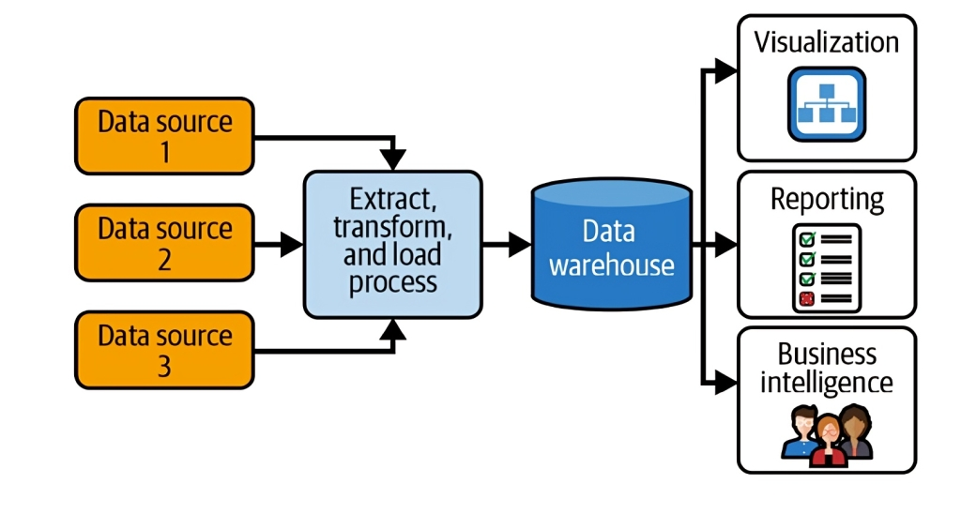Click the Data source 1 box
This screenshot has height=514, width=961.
pyautogui.click(x=164, y=136)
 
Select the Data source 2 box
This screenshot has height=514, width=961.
pyautogui.click(x=164, y=243)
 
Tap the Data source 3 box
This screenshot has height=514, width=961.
pyautogui.click(x=164, y=350)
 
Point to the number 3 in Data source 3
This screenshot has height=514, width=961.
pyautogui.click(x=164, y=366)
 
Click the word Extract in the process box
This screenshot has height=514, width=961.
pyautogui.click(x=392, y=199)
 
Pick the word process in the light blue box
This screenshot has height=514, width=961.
pyautogui.click(x=392, y=282)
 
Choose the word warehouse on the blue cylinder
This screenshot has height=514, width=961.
pyautogui.click(x=611, y=265)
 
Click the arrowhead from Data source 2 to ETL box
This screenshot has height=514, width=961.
pyautogui.click(x=292, y=245)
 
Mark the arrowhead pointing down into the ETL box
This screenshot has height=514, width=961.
pyautogui.click(x=394, y=159)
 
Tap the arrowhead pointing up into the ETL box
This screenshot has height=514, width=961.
pyautogui.click(x=394, y=329)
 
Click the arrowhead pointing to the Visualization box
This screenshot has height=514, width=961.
pyautogui.click(x=725, y=70)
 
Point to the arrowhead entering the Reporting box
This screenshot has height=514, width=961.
pyautogui.click(x=725, y=245)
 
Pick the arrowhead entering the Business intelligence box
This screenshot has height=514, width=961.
pyautogui.click(x=725, y=382)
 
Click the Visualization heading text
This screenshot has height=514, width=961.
pyautogui.click(x=826, y=42)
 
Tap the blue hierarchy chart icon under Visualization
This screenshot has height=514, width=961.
pyautogui.click(x=826, y=104)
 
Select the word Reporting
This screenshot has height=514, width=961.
pyautogui.click(x=826, y=199)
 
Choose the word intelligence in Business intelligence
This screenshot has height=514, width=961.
pyautogui.click(x=826, y=382)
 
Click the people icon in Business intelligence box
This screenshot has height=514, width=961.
pyautogui.click(x=826, y=433)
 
